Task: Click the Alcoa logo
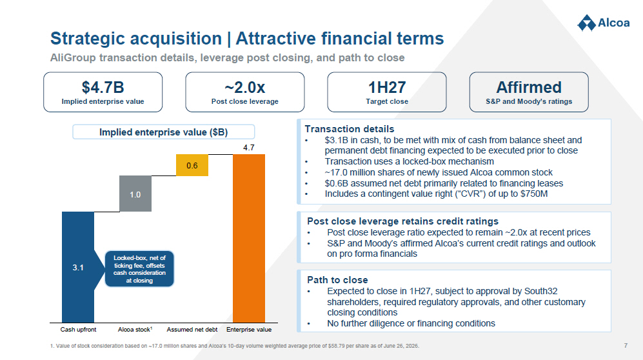pyautogui.click(x=603, y=23)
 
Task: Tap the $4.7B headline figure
pyautogui.click(x=103, y=87)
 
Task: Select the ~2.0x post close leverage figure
pyautogui.click(x=245, y=87)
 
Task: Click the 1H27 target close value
pyautogui.click(x=387, y=87)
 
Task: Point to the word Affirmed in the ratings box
pyautogui.click(x=529, y=87)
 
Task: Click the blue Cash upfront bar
pyautogui.click(x=78, y=267)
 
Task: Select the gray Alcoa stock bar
pyautogui.click(x=135, y=194)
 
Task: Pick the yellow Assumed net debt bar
pyautogui.click(x=192, y=165)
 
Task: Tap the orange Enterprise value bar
pyautogui.click(x=249, y=239)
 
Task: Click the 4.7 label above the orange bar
pyautogui.click(x=249, y=148)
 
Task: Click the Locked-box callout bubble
pyautogui.click(x=139, y=269)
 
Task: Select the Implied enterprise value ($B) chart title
pyautogui.click(x=164, y=132)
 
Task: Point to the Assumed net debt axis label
pyautogui.click(x=192, y=329)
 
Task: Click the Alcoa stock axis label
pyautogui.click(x=135, y=329)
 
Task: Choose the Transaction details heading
pyautogui.click(x=350, y=129)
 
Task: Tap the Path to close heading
pyautogui.click(x=337, y=280)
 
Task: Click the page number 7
pyautogui.click(x=626, y=346)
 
